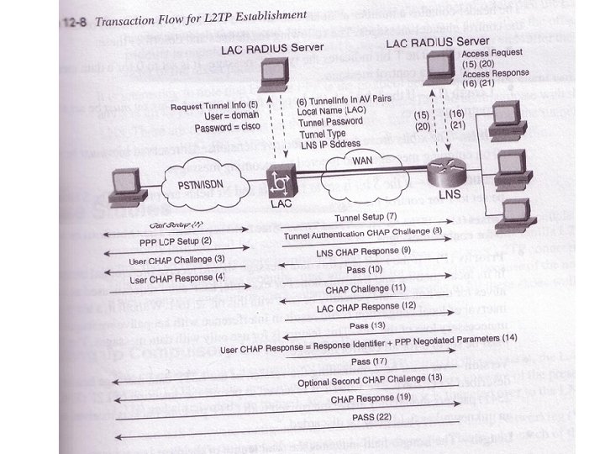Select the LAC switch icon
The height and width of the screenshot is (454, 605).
pyautogui.click(x=280, y=182)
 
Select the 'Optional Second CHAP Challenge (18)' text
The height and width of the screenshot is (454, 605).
pyautogui.click(x=370, y=379)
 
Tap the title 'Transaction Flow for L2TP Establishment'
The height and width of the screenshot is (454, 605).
pyautogui.click(x=202, y=15)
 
